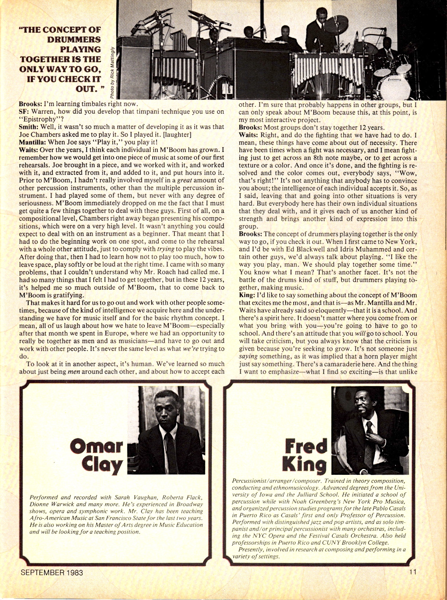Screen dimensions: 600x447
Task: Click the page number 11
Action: (413, 572)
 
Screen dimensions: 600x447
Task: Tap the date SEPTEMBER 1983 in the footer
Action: (52, 573)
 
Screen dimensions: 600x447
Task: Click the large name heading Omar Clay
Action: (97, 456)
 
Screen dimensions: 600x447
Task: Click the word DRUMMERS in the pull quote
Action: (74, 39)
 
